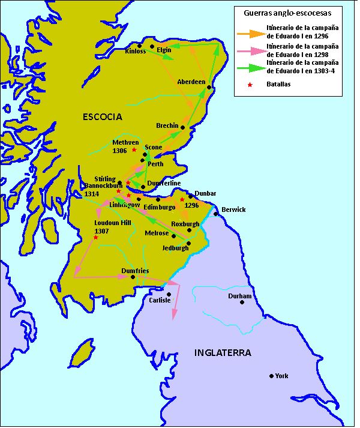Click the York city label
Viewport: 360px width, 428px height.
click(281, 376)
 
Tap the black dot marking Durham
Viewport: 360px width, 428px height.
click(242, 302)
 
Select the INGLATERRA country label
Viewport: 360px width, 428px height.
click(222, 352)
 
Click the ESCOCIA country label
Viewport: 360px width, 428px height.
click(102, 117)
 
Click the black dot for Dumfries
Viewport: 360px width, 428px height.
click(133, 277)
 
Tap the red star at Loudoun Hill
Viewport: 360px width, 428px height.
click(96, 237)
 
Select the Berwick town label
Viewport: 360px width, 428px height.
click(233, 209)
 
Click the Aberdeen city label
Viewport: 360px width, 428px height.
click(191, 82)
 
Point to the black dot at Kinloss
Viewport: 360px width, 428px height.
click(139, 46)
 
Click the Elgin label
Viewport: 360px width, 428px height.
click(164, 51)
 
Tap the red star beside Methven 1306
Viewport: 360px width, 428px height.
click(134, 149)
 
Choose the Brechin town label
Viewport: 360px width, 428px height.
click(167, 126)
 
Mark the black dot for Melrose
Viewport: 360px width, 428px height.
click(174, 236)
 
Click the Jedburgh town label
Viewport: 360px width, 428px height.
click(175, 247)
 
